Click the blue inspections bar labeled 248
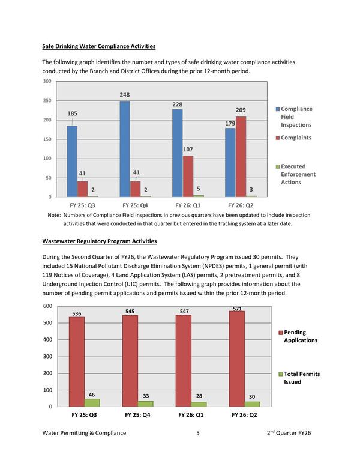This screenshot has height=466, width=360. [125, 149]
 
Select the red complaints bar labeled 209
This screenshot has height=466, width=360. [241, 157]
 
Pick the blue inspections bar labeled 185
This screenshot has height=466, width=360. [72, 161]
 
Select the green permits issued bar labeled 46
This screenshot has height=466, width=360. [92, 402]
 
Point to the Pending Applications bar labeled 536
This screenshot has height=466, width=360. [77, 362]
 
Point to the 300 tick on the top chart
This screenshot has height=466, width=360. [46, 81]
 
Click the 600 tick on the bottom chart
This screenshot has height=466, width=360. [46, 306]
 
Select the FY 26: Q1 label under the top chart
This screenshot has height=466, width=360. [187, 205]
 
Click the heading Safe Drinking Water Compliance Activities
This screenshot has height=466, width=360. [99, 46]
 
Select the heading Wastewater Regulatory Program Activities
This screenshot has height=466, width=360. [99, 241]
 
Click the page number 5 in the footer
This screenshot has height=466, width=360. [197, 432]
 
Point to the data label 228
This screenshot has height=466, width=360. [177, 104]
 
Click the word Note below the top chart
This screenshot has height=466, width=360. [53, 215]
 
